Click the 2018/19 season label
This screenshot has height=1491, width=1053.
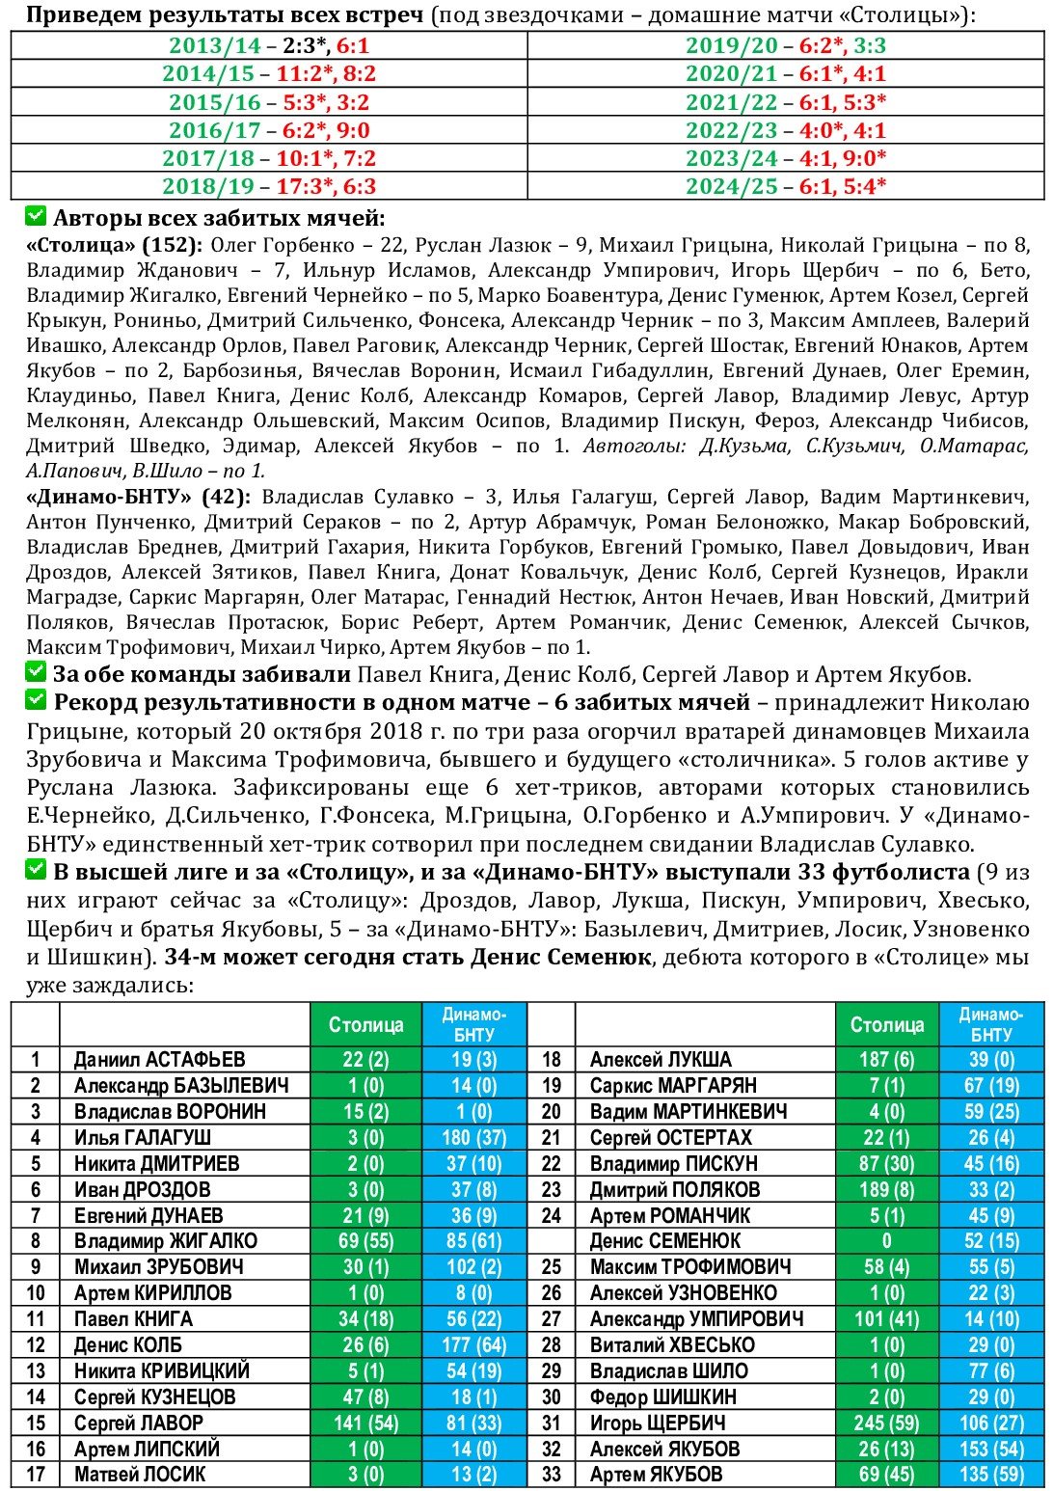(208, 186)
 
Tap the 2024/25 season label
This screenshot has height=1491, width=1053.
(732, 186)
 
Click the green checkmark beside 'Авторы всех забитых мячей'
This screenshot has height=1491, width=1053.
(36, 216)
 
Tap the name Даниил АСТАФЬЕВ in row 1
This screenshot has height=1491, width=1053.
(160, 1059)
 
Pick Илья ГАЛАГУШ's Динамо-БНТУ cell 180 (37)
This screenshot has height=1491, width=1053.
(473, 1137)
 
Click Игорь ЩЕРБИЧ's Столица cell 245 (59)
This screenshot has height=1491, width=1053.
(886, 1423)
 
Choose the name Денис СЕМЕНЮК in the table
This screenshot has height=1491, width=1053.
(665, 1241)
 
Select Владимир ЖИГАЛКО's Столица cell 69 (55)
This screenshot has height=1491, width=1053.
(365, 1241)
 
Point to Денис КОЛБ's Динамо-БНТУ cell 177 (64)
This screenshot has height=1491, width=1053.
(473, 1345)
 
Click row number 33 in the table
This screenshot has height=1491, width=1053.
(551, 1475)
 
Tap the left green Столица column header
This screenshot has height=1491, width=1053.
(365, 1024)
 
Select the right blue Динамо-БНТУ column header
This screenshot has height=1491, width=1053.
(990, 1024)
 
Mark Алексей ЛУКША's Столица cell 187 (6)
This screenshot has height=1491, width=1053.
(886, 1059)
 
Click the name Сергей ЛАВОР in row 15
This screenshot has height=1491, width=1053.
(139, 1423)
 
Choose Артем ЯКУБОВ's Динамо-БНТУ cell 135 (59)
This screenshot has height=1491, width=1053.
(990, 1475)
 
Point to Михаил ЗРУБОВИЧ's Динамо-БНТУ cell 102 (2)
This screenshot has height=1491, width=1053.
(473, 1267)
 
